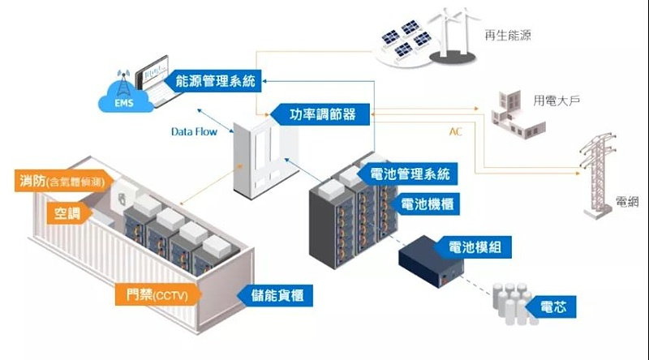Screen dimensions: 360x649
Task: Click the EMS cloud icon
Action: pos(120,97)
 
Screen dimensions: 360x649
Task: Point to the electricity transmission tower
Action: pos(600,178)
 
